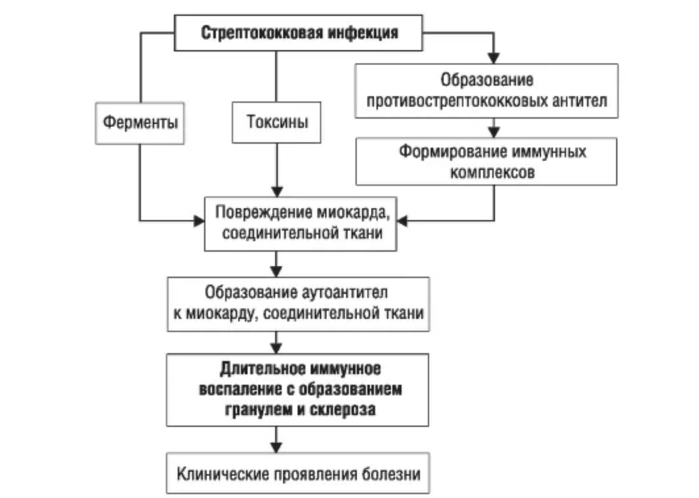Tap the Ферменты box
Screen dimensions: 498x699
click(x=140, y=123)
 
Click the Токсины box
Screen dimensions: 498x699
click(x=277, y=122)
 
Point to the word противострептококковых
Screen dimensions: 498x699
click(x=457, y=101)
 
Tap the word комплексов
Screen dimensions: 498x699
click(x=492, y=173)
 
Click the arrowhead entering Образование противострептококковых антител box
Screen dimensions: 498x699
click(x=494, y=58)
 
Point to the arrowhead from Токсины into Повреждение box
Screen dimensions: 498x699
click(x=277, y=191)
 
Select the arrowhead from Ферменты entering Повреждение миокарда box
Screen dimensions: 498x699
click(x=199, y=221)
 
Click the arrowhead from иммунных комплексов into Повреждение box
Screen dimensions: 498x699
click(x=402, y=221)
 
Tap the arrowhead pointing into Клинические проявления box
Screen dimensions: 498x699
click(x=276, y=447)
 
